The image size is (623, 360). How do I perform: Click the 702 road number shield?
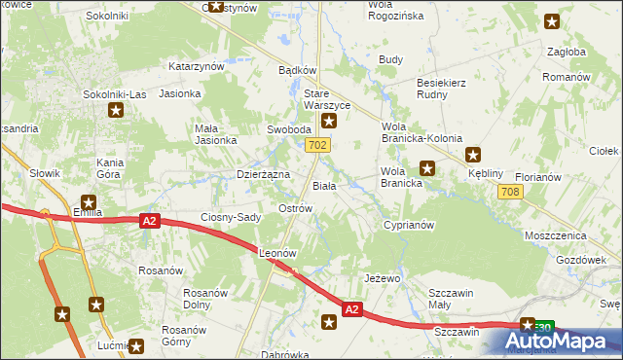[315, 145]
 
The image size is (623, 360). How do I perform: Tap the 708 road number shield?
[508, 192]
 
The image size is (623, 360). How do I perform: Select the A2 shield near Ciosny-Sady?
[148, 222]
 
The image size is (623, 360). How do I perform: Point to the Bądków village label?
[298, 70]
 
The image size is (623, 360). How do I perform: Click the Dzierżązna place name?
[264, 174]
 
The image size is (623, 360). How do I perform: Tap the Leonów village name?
[277, 252]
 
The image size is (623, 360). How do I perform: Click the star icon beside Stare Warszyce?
[330, 122]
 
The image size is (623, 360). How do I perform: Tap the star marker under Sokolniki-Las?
[116, 110]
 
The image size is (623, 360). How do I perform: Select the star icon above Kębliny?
[473, 154]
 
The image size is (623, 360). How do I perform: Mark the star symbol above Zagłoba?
[552, 21]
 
